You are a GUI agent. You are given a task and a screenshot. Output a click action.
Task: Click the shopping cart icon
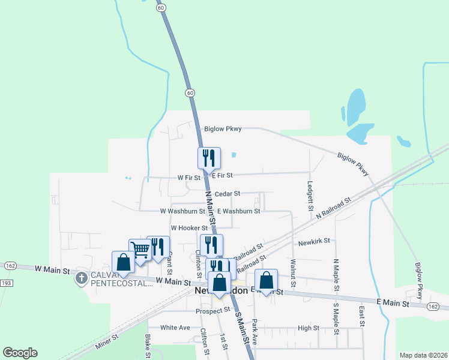[140, 249]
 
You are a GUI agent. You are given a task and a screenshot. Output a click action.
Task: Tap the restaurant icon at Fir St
[209, 158]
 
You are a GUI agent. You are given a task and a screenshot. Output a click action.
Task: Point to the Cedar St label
[228, 194]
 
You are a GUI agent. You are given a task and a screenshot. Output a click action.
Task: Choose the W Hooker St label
[189, 228]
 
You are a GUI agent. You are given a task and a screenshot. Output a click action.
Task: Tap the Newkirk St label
[314, 241]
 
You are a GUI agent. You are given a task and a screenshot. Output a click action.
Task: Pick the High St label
[308, 328]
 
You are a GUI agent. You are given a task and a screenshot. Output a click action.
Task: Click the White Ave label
[175, 328]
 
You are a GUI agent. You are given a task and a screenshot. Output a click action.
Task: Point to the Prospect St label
[213, 311]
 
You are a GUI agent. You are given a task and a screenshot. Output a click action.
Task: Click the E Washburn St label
[239, 211]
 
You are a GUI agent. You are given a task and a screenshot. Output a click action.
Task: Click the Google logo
[20, 353]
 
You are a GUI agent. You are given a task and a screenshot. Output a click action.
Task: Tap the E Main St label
[393, 304]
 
